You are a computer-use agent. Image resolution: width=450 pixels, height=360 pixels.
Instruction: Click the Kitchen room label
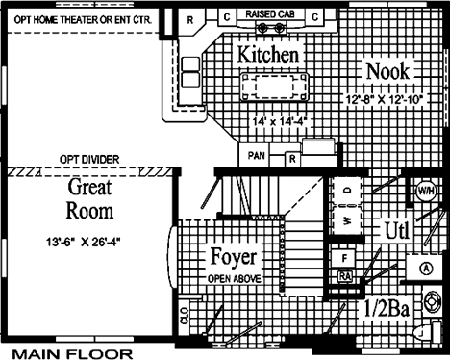268,54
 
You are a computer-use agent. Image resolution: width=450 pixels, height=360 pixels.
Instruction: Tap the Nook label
387,71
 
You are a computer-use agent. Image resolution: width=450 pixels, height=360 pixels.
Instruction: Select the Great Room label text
89,199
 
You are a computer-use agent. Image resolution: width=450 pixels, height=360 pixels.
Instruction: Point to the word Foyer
234,257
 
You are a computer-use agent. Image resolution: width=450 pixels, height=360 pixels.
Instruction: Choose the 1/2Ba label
387,309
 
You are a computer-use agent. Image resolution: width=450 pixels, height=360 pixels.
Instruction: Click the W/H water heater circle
426,191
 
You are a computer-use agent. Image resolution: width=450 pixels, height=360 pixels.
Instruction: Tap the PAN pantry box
256,155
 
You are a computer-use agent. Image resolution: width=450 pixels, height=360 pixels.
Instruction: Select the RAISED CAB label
270,14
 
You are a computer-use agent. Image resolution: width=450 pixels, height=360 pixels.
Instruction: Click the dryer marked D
347,190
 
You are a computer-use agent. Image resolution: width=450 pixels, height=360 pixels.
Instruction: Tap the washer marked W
347,220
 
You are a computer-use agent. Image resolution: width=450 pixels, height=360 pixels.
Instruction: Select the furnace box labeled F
344,258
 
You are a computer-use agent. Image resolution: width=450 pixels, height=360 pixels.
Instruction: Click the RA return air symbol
345,276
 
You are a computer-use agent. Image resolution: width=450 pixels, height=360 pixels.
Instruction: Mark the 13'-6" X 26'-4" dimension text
85,242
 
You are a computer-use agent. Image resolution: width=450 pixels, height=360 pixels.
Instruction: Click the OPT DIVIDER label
89,159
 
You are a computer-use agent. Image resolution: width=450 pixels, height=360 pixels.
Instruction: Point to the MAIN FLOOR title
72,354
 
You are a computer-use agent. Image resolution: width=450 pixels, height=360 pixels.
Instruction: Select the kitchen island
274,87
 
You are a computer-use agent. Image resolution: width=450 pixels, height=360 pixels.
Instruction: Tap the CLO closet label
185,317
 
